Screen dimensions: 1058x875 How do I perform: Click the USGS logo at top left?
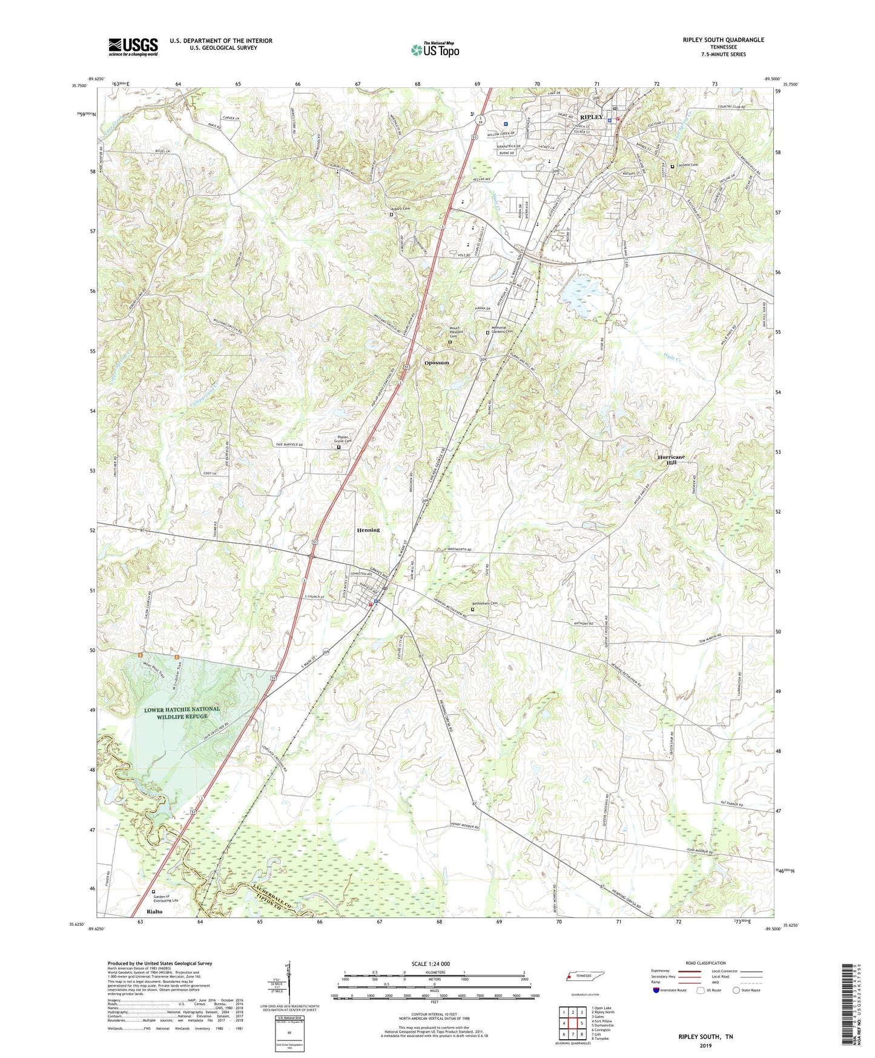(x=133, y=47)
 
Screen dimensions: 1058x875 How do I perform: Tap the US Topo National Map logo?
(x=434, y=50)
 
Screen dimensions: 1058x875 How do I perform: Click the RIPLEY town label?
(x=591, y=117)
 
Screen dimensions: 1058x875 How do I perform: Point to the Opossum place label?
(x=437, y=363)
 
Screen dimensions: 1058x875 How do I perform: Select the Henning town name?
(x=368, y=530)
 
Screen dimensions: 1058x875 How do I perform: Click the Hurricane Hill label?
(x=671, y=459)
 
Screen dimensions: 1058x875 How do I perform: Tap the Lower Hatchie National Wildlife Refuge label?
(x=182, y=713)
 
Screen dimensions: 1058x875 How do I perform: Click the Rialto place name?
(x=154, y=911)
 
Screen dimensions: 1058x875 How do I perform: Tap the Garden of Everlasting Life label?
(x=165, y=899)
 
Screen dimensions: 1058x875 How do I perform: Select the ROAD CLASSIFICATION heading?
(x=705, y=963)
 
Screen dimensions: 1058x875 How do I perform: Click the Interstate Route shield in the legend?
(x=657, y=990)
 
